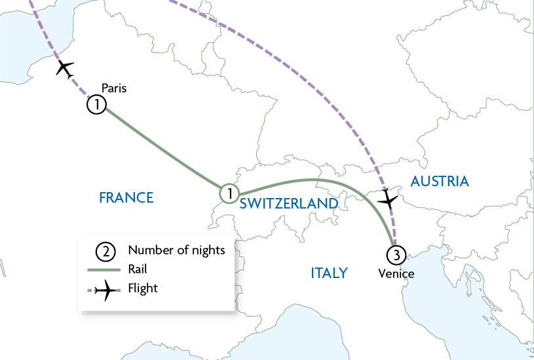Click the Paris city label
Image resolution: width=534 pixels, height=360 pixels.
113,88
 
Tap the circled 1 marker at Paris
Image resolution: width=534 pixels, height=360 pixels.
96,105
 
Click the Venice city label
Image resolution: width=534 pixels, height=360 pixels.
396,273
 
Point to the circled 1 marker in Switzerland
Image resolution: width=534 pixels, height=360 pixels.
229,193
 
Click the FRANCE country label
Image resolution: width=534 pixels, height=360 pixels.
126,197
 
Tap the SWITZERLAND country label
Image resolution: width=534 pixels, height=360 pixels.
288,204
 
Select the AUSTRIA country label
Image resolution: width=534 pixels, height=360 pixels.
440,182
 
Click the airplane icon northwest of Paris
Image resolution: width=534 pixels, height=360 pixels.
65,68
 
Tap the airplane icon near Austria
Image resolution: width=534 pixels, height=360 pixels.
388,199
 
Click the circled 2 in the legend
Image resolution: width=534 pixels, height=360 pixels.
105,250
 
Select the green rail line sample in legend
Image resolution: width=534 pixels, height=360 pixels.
105,270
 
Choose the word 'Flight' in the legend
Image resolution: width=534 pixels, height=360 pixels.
143,288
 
